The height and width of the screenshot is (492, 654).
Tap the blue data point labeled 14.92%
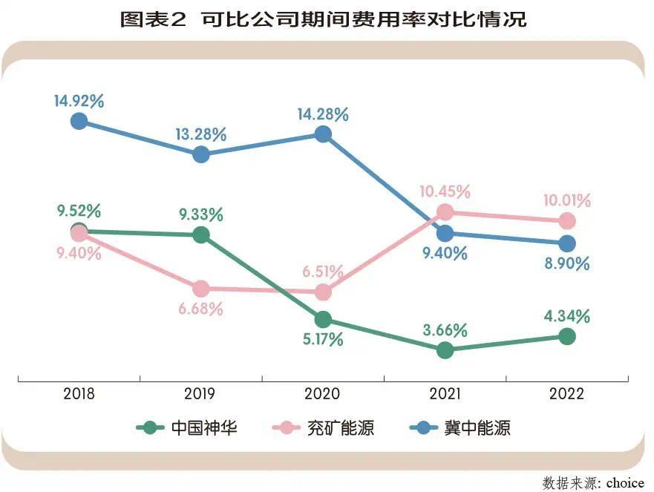click(79, 121)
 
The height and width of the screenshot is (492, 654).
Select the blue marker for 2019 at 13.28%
click(200, 154)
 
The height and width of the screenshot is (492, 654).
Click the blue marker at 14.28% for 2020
click(323, 134)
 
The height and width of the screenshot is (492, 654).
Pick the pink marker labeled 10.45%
click(445, 212)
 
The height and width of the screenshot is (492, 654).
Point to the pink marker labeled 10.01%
click(566, 220)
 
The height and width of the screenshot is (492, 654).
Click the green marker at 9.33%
click(200, 235)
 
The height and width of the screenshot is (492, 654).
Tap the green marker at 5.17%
click(323, 320)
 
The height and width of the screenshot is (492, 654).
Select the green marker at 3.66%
click(445, 350)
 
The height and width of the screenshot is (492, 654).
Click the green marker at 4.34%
click(566, 337)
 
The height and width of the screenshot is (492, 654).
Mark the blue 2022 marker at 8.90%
click(566, 243)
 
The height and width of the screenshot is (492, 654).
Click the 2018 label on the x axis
click(79, 394)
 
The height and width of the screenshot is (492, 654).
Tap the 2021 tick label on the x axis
click(445, 394)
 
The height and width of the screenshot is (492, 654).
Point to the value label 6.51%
click(323, 272)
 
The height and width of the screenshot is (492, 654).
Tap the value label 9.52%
click(79, 211)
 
